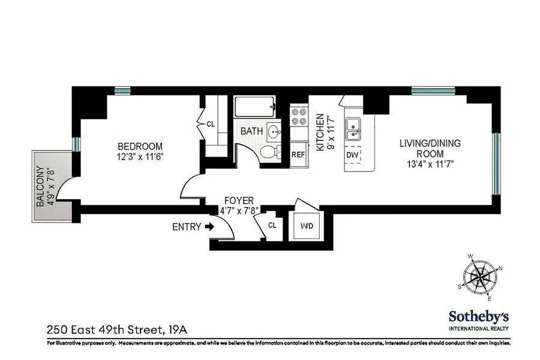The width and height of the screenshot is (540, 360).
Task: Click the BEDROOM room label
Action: click(x=140, y=146)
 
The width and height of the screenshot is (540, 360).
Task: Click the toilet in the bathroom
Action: click(x=271, y=152)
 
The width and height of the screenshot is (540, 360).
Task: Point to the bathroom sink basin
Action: click(x=275, y=131)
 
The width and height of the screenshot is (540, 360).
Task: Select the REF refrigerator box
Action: click(x=298, y=154)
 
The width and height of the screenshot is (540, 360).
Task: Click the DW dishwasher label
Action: click(x=353, y=155)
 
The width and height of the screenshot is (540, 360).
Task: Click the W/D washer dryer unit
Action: click(x=306, y=226)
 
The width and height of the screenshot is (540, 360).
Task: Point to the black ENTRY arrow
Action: click(x=209, y=227)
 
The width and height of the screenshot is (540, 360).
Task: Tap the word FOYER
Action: click(x=239, y=200)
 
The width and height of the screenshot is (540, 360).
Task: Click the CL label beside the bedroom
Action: click(x=211, y=124)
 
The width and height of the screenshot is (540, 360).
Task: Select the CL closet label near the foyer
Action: click(x=272, y=226)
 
